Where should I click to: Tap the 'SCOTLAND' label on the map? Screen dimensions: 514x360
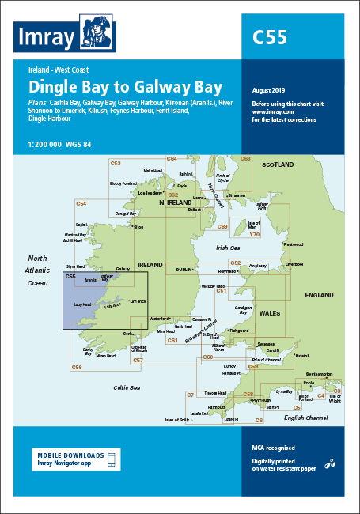(278, 164)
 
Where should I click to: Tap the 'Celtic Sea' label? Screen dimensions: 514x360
(127, 387)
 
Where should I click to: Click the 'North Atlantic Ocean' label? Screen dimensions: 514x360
(38, 270)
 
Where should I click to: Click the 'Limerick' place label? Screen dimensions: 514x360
(138, 301)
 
